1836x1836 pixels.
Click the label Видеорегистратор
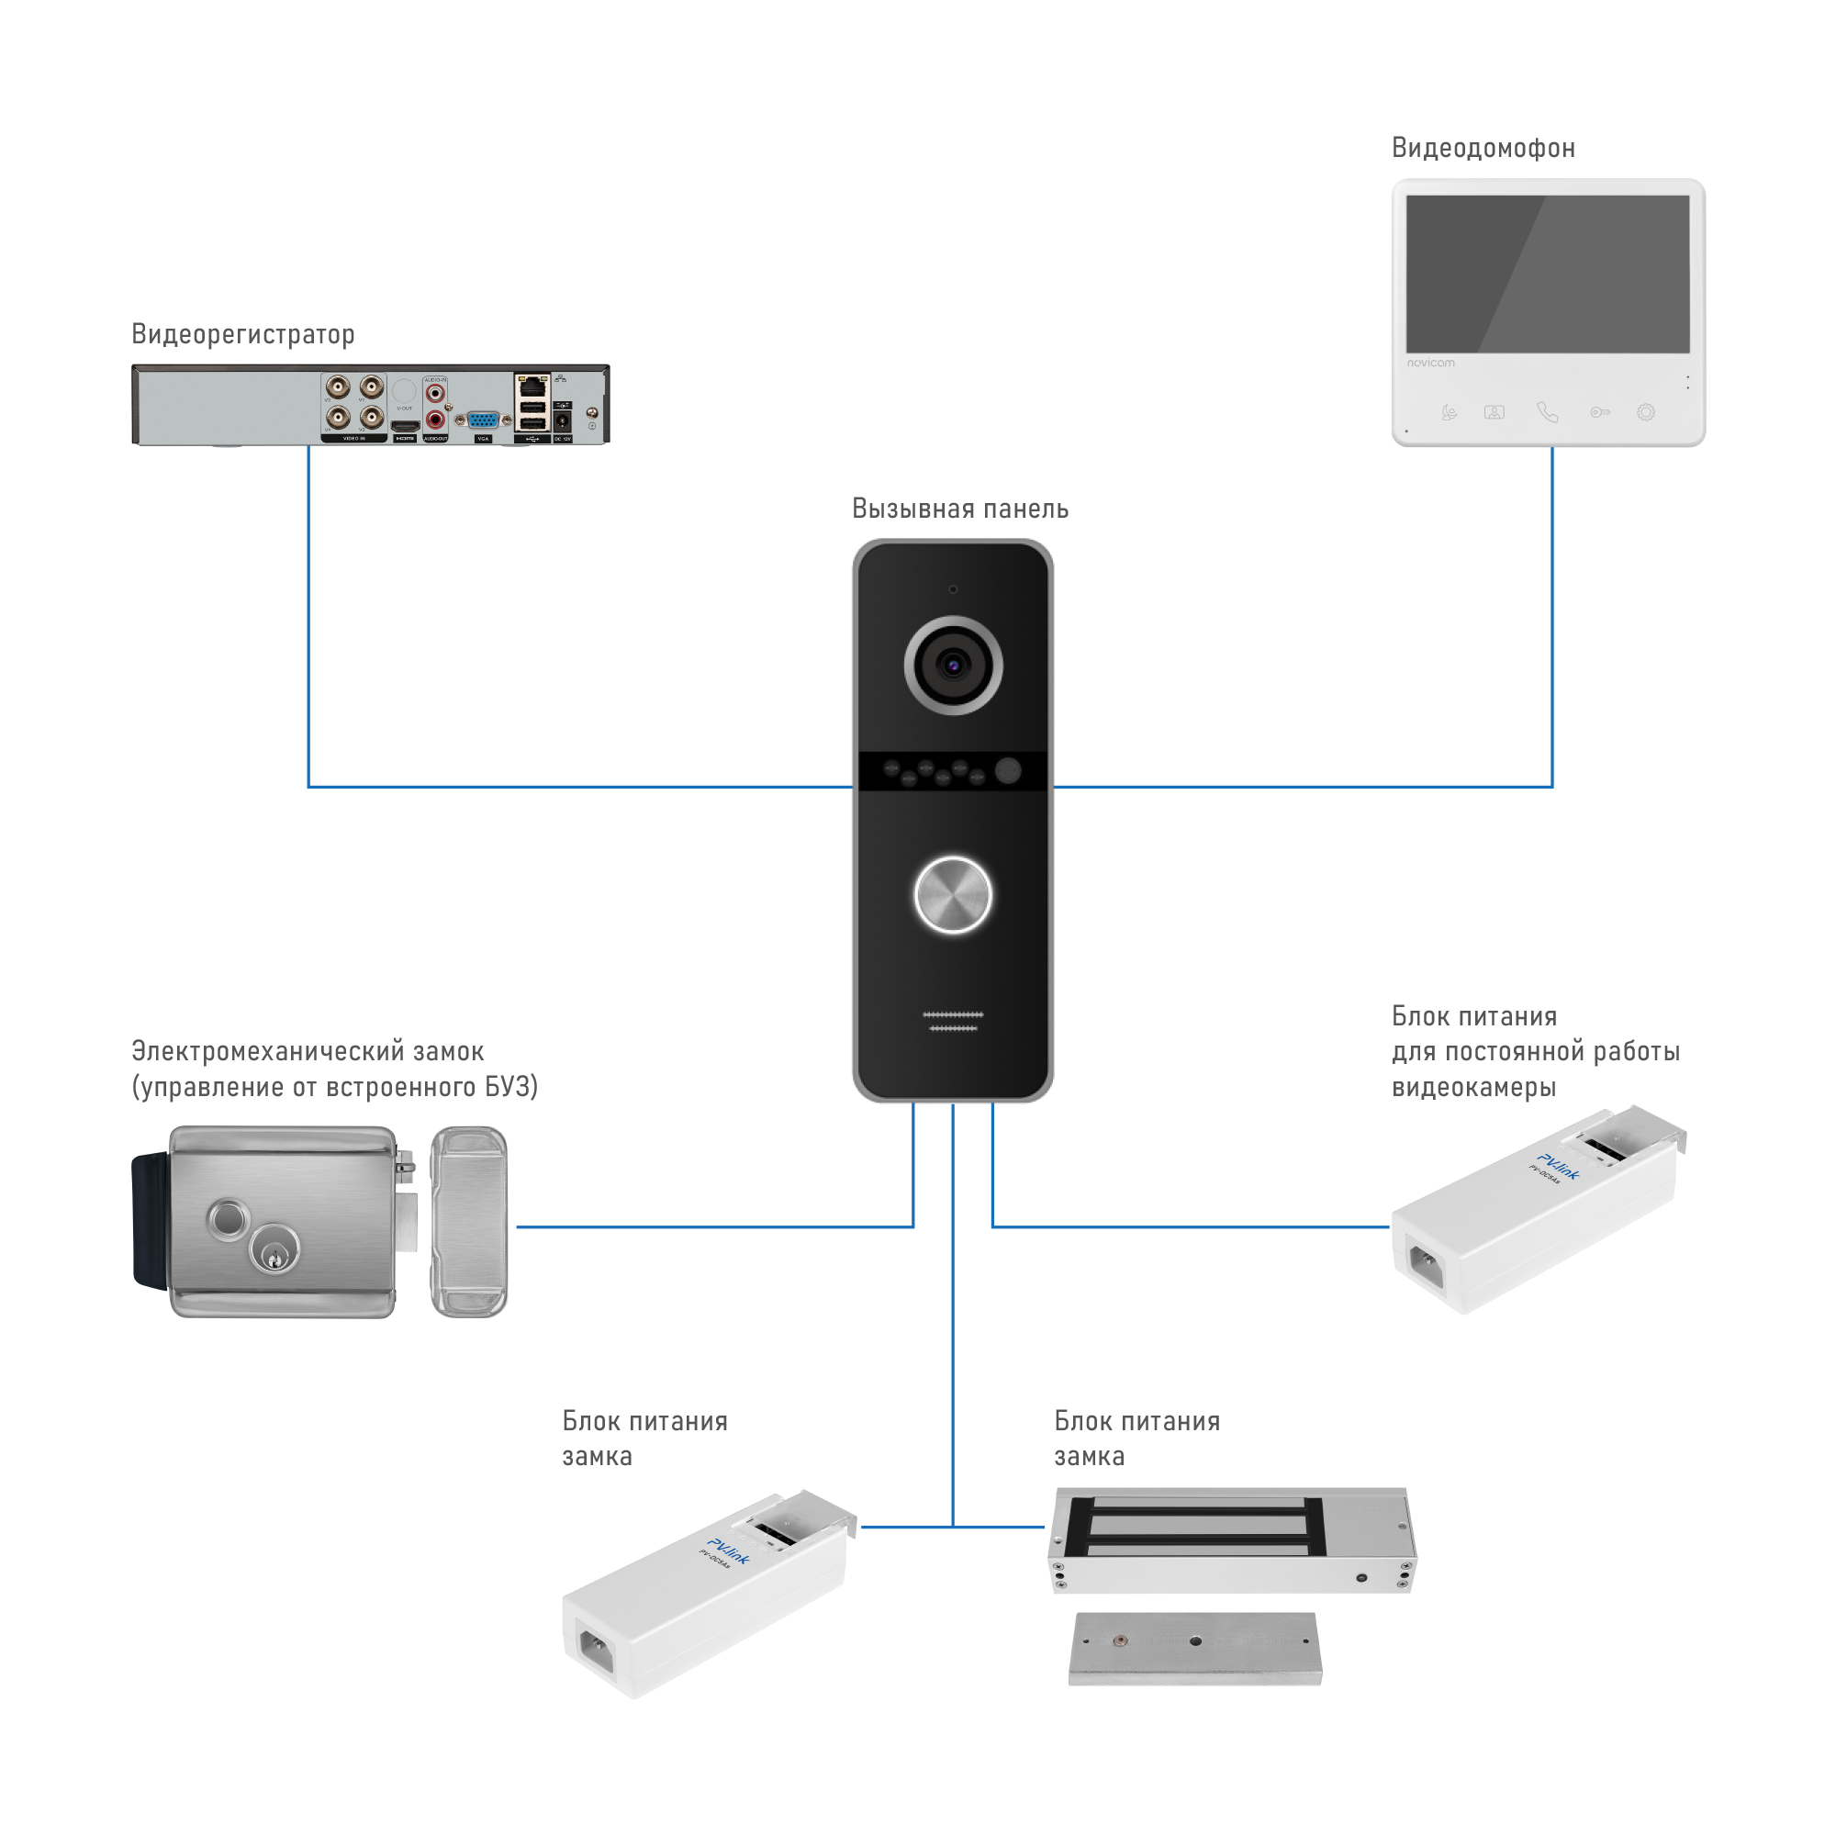coord(243,334)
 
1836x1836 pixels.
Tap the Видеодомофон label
coord(1483,148)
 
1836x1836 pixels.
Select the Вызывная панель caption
coord(960,509)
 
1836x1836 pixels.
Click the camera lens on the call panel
coord(953,666)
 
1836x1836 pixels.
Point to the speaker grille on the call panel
coord(953,1022)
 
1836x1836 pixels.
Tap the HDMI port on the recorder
coord(406,426)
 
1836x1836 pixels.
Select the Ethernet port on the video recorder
coord(532,386)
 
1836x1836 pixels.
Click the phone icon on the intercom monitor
coord(1547,412)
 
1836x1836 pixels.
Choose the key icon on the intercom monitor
coord(1599,412)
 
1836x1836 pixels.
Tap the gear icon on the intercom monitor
coord(1646,412)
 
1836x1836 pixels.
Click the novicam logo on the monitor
coord(1430,363)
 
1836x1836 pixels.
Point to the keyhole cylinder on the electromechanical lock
coord(274,1248)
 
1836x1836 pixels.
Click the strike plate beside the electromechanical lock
coord(469,1222)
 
